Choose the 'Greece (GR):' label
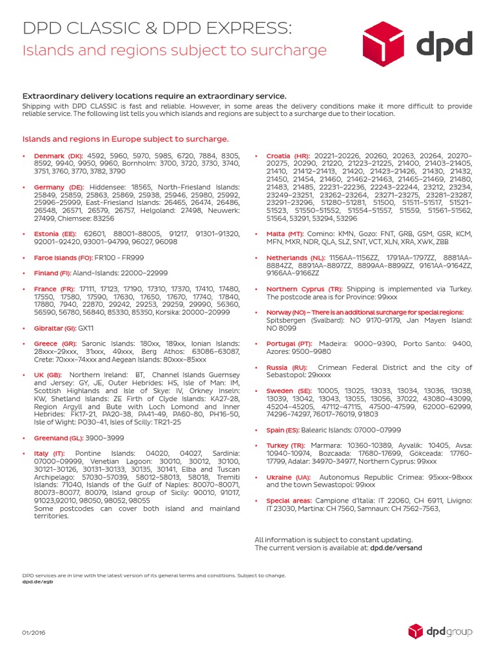pos(55,344)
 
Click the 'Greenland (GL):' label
pos(60,438)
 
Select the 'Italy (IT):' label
pos(50,454)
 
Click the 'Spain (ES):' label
pos(284,430)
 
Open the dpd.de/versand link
pos(396,548)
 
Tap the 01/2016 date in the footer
pos(34,633)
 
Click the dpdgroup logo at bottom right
pos(440,632)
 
